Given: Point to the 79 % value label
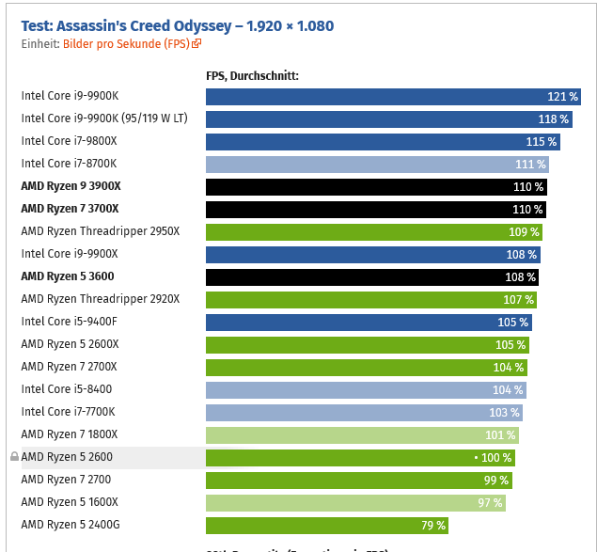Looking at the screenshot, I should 433,525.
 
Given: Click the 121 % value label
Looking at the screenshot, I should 562,96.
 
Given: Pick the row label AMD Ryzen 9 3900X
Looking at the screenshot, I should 71,186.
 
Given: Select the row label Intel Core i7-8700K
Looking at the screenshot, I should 69,164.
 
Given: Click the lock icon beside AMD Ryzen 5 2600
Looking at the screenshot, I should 14,457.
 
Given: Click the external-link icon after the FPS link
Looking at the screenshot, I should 196,43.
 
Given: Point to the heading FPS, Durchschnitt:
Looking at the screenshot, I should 252,75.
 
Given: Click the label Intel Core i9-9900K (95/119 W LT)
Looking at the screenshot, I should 104,118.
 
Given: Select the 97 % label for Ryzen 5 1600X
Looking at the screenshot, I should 490,502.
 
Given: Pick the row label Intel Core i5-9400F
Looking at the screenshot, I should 69,322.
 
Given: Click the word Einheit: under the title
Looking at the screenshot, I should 40,43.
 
